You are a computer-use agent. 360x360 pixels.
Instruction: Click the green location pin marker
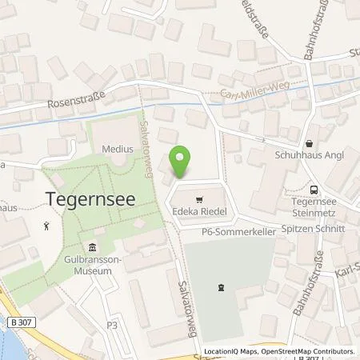pos(182,162)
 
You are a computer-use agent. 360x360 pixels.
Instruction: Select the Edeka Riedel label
pos(198,212)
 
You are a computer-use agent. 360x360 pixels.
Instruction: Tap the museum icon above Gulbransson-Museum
pos(91,247)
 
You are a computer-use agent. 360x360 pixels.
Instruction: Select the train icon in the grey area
pos(220,286)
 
